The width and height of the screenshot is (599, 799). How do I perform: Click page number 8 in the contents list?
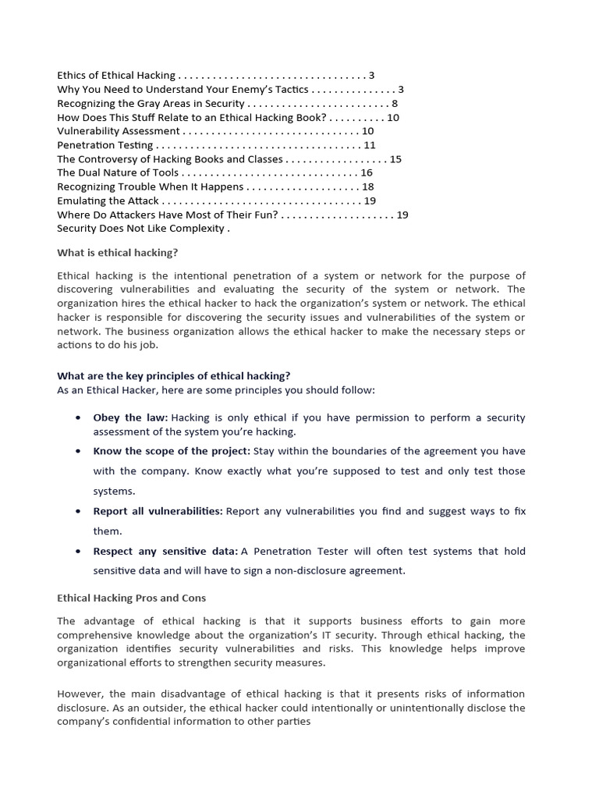click(x=395, y=103)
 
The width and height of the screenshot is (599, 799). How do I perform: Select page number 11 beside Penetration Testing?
click(x=370, y=145)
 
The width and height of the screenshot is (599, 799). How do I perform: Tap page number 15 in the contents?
click(x=395, y=159)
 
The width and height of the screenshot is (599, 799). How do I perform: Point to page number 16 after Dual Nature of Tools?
click(x=367, y=172)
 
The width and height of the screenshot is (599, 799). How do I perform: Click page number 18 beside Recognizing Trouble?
click(x=368, y=186)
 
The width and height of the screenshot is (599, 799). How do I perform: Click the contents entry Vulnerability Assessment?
click(x=118, y=131)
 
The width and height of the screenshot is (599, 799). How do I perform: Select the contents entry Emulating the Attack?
click(x=108, y=201)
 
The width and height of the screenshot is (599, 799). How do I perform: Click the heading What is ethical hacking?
click(x=117, y=252)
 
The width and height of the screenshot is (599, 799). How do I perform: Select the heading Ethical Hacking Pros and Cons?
click(x=131, y=598)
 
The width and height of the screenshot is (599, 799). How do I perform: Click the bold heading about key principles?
click(x=173, y=375)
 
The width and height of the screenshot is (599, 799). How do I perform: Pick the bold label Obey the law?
click(x=130, y=417)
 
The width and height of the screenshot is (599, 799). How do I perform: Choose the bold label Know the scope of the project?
click(x=172, y=450)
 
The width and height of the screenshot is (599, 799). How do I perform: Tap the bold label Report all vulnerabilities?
click(x=158, y=511)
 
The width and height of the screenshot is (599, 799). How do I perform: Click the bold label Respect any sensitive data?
click(x=165, y=551)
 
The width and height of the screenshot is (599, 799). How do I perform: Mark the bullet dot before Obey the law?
click(x=79, y=417)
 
